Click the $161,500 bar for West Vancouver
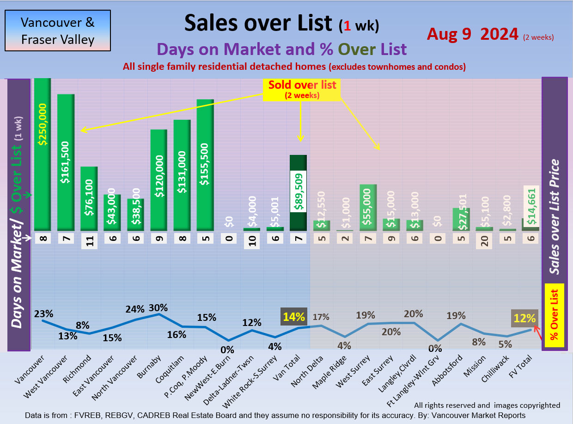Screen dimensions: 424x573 66,162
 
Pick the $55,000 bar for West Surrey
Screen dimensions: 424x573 368,207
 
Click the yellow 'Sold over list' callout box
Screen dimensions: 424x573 302,89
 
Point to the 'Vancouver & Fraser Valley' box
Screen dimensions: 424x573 58,31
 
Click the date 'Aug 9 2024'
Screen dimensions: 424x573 472,34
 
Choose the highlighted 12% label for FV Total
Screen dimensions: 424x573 524,318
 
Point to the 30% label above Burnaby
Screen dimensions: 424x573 158,307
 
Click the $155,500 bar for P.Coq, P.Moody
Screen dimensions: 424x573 205,165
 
